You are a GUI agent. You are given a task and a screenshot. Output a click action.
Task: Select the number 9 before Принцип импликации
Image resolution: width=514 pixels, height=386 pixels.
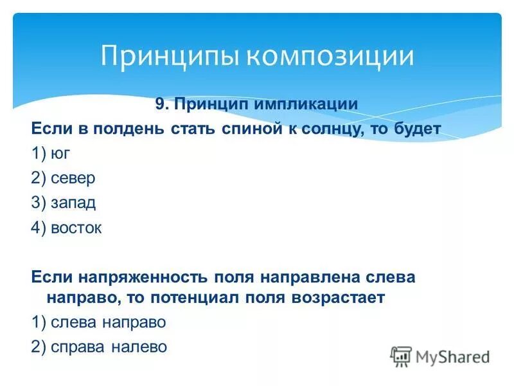(161, 104)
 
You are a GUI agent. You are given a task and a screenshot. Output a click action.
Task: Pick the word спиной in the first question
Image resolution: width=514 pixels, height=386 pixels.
(245, 129)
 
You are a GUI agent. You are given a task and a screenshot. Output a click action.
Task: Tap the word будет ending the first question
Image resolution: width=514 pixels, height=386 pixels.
(418, 129)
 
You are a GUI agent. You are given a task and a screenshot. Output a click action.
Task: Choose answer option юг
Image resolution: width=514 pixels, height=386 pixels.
(63, 154)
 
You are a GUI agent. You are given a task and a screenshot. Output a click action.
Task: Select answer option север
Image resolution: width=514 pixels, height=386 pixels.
(74, 178)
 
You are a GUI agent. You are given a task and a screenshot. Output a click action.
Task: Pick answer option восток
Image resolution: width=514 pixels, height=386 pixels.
(78, 228)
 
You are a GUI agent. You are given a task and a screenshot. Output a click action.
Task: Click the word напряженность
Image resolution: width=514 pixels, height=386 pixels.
(143, 277)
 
